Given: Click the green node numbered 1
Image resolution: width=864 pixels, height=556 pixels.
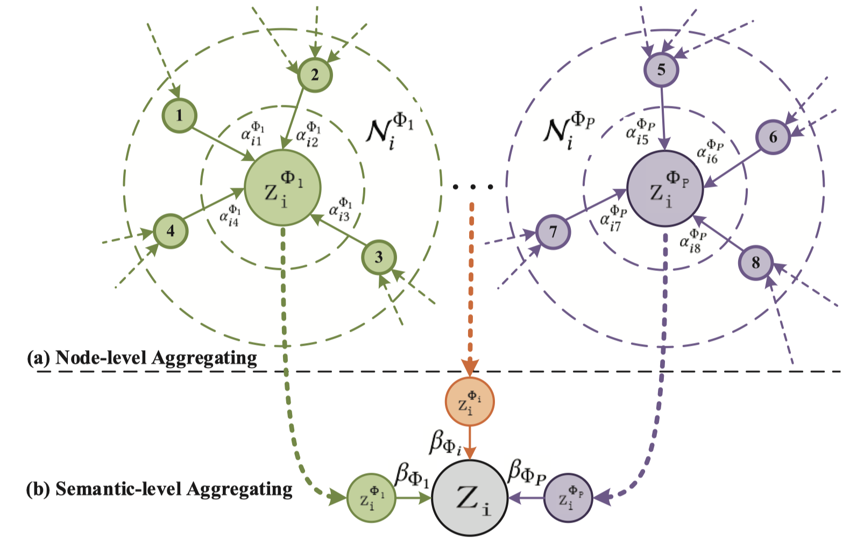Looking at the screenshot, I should click(180, 116).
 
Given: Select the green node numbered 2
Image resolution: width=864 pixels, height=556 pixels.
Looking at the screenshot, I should click(315, 75).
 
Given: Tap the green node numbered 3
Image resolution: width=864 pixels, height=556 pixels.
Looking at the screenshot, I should click(379, 257).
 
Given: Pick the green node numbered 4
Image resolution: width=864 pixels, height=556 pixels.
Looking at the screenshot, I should click(171, 231).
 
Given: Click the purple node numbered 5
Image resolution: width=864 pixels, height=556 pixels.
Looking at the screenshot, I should click(661, 69).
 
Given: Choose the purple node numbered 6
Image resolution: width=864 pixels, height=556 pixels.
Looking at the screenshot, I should click(773, 137).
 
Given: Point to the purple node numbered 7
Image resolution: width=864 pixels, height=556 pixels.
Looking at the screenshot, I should click(553, 232).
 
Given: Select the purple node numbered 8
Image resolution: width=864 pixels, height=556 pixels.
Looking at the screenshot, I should click(756, 263).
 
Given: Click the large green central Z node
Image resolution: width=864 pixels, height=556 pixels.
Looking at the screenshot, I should click(282, 188).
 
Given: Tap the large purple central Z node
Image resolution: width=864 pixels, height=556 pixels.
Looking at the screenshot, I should click(665, 189).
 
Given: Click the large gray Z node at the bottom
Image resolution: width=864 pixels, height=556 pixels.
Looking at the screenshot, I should click(470, 498).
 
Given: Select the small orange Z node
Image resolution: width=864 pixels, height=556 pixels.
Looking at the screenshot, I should click(470, 402).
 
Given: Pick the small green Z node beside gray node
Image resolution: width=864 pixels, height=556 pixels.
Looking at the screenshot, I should click(371, 498).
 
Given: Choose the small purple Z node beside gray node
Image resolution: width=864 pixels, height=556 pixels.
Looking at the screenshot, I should click(568, 498).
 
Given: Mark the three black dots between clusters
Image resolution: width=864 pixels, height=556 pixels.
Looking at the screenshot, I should click(472, 187).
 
